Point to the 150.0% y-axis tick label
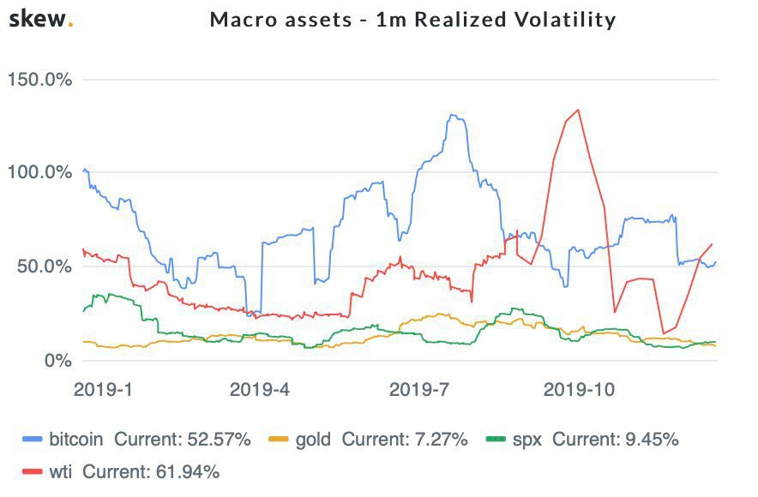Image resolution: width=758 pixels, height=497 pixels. [x=39, y=80]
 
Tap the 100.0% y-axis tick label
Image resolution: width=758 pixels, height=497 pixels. [x=39, y=172]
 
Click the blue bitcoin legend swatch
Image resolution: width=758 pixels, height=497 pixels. [x=33, y=440]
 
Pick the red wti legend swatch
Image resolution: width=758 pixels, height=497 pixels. [x=33, y=470]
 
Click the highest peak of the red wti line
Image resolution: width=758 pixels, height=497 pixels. [x=579, y=110]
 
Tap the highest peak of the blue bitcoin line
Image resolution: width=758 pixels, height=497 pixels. [x=452, y=115]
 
